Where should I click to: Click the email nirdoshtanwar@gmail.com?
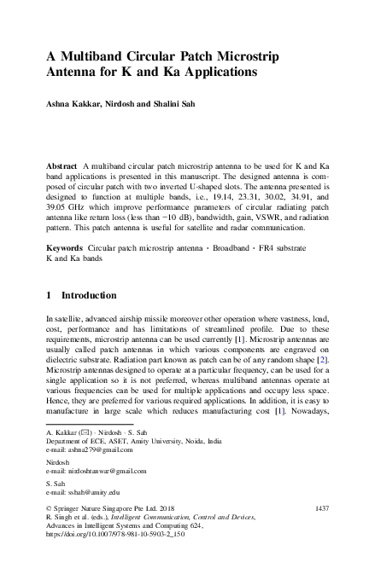click(x=99, y=471)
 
